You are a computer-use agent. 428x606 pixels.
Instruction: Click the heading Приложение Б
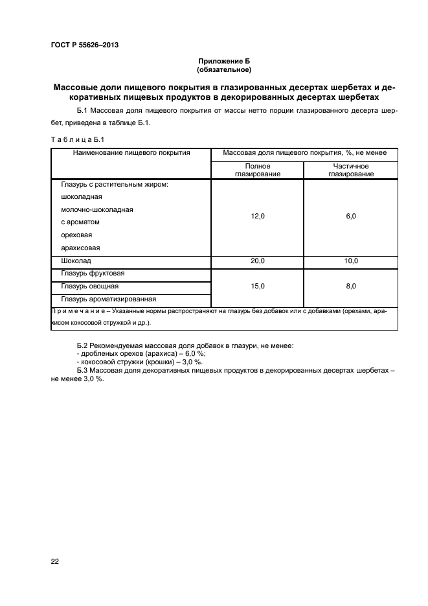click(224, 61)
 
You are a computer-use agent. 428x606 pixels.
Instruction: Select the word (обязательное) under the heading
click(224, 69)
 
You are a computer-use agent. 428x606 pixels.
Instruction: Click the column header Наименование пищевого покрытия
click(131, 154)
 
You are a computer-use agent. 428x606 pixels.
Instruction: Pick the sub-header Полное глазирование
click(258, 170)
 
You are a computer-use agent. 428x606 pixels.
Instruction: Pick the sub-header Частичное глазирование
click(350, 170)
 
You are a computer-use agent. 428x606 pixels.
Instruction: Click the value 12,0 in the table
click(258, 216)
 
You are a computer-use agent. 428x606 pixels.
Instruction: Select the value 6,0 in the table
click(350, 216)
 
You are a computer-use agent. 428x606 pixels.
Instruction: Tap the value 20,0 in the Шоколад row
click(258, 261)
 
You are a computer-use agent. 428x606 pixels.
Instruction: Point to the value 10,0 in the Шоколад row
click(350, 261)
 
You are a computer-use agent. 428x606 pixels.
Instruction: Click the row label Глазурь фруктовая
click(93, 274)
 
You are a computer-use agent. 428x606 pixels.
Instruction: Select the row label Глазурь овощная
click(89, 286)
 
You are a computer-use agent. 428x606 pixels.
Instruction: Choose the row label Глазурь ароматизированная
click(109, 299)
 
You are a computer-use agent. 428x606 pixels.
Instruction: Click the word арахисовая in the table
click(80, 248)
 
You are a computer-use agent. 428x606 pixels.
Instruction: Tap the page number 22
click(55, 561)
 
